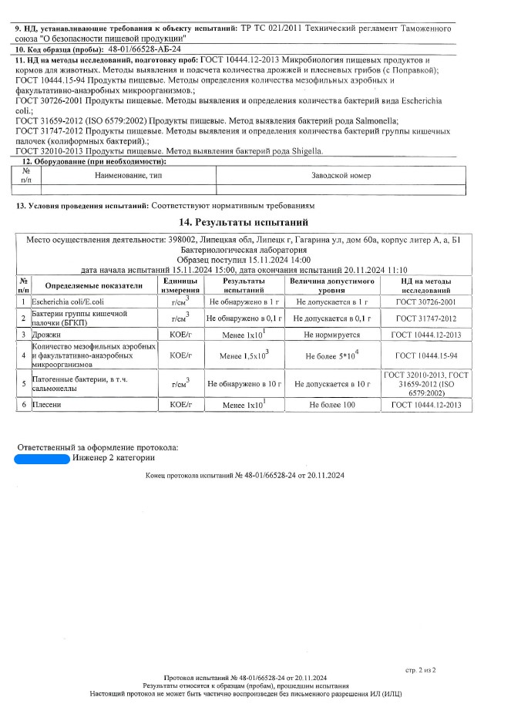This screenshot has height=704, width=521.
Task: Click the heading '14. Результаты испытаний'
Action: coord(244,222)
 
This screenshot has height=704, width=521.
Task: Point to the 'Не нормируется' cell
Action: coord(331,335)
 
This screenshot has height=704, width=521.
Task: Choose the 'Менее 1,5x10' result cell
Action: coord(244,355)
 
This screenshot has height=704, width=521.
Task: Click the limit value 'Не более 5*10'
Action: coord(331,355)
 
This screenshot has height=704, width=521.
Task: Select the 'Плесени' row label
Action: coord(45,404)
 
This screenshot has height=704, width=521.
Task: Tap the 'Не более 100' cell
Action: coord(331,404)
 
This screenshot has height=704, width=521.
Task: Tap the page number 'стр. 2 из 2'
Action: coord(420,670)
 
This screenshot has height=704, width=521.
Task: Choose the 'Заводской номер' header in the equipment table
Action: coord(341,176)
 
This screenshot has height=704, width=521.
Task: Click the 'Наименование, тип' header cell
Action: coord(128,176)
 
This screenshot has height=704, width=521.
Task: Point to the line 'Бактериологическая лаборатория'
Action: coord(244,250)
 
